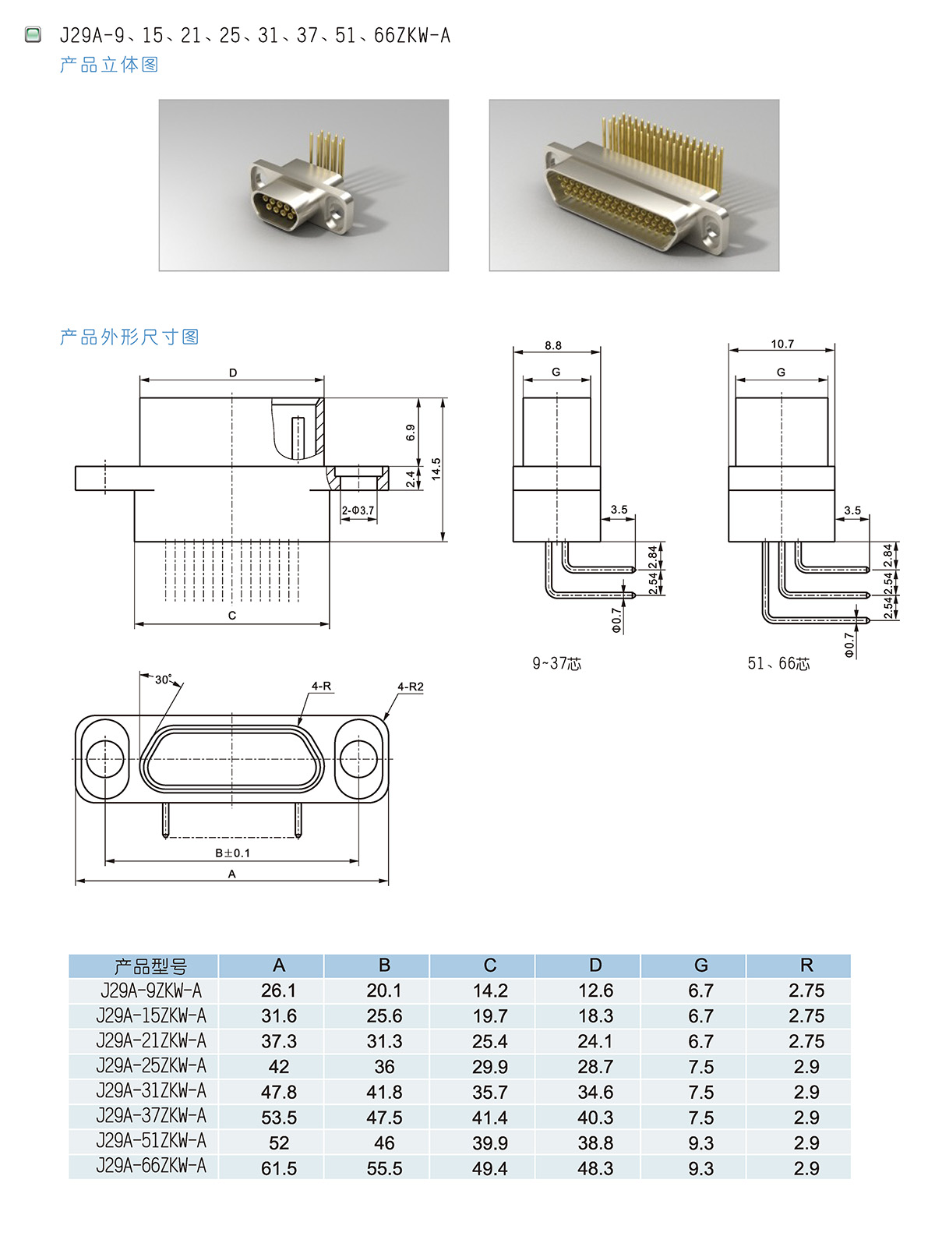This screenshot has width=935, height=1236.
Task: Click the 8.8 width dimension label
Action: [x=553, y=345]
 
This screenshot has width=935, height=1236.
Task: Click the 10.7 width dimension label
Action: [x=782, y=344]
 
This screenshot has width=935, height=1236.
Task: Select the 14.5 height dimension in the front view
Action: [x=436, y=468]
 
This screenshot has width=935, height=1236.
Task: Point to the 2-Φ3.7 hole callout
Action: [x=358, y=510]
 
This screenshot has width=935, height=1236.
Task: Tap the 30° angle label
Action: [x=163, y=680]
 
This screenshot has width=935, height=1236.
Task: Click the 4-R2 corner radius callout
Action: [x=411, y=687]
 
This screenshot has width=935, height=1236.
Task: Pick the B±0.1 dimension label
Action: [x=232, y=853]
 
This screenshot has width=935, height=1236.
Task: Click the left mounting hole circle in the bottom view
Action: [x=104, y=758]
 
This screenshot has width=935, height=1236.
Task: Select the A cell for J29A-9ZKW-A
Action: [x=278, y=991]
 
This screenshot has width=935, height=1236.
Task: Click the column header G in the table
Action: [x=700, y=966]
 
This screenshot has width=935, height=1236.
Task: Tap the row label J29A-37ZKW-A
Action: [x=151, y=1116]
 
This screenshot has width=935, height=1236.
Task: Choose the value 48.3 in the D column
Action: [x=595, y=1168]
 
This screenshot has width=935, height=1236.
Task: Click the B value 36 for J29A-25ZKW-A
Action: [x=384, y=1066]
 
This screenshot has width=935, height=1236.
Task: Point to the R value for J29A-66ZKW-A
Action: [x=806, y=1168]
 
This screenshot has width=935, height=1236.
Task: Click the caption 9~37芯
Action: [x=556, y=664]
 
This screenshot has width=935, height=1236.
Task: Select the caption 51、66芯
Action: [x=778, y=664]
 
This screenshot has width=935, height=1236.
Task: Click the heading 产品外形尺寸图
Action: [x=129, y=337]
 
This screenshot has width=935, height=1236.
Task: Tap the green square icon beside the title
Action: [x=33, y=34]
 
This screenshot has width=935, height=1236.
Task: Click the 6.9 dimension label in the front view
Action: [x=411, y=433]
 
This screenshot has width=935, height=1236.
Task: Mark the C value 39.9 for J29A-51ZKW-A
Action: [x=489, y=1143]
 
